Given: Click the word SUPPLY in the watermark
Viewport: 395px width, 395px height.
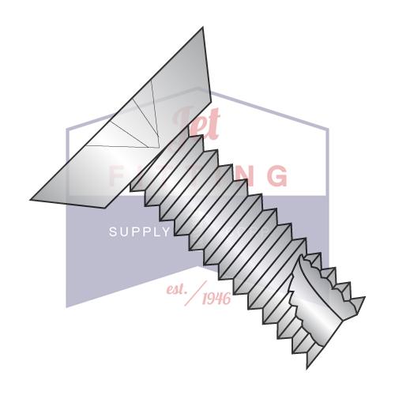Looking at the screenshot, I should click(139, 232).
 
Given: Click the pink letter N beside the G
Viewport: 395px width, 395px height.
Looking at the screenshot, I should click(237, 176).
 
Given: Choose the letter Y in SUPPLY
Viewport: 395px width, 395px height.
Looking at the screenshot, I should click(166, 232).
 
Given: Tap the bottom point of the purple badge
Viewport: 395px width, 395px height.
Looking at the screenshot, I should click(68, 307).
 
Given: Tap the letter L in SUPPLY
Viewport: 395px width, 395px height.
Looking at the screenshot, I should click(155, 232).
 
